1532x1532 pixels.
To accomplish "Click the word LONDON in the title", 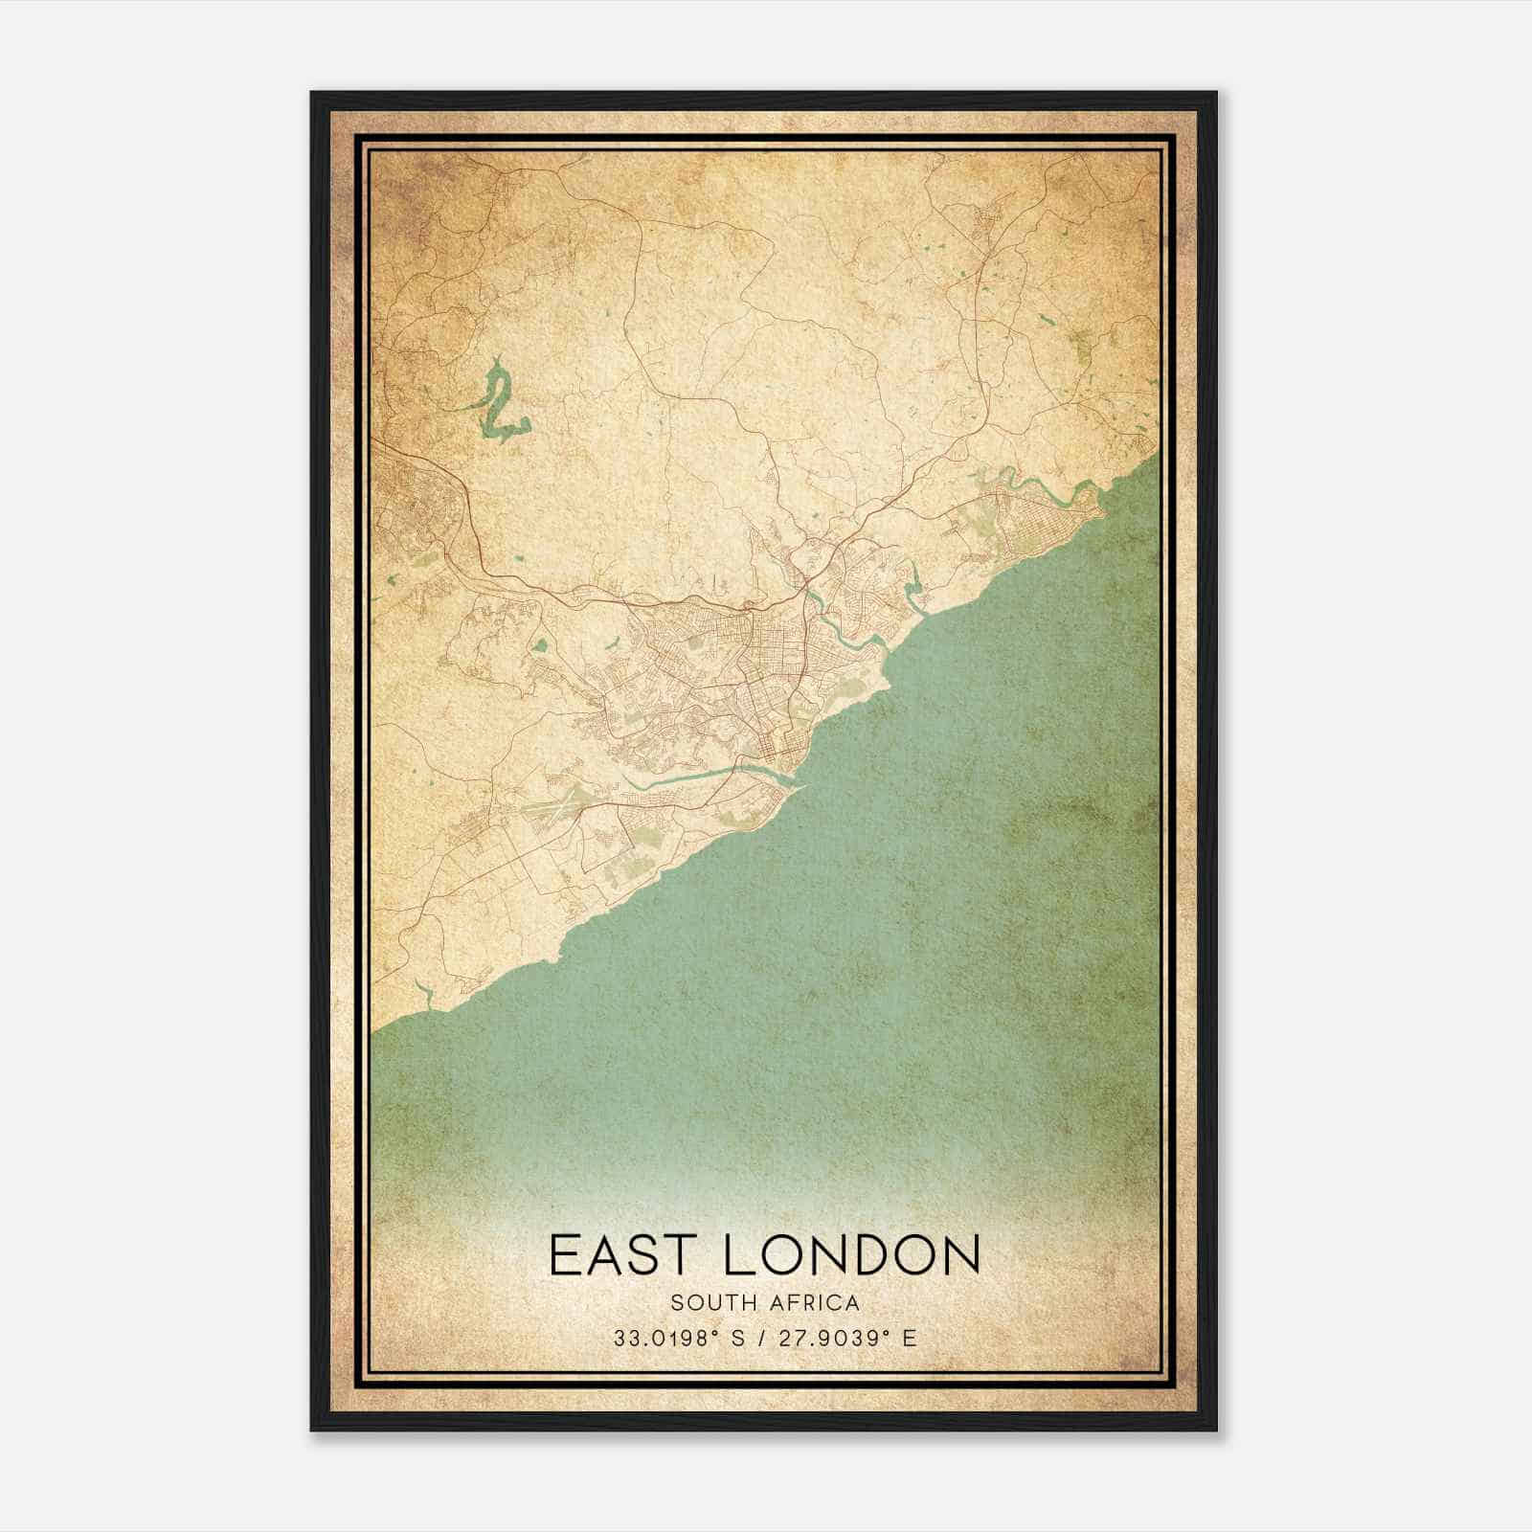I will coord(851,1254).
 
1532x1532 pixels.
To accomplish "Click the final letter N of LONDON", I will coord(960,1254).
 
